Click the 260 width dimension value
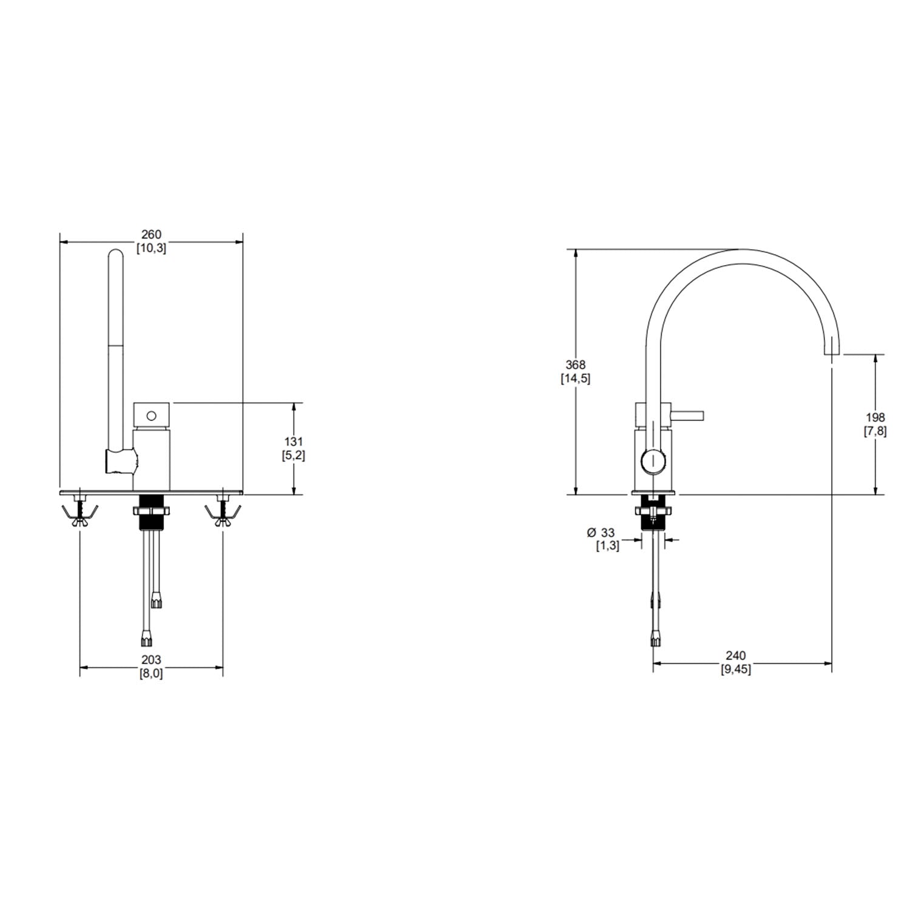151,234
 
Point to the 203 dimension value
151,659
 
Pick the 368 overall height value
575,365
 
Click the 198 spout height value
875,417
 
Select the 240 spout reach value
735,656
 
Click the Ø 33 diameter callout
601,533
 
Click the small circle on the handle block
152,416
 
